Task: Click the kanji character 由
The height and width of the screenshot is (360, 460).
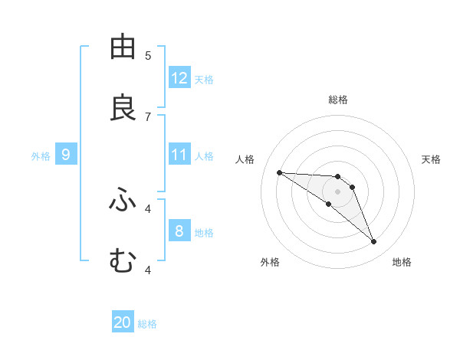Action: point(123,47)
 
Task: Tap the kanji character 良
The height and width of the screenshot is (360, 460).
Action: point(123,108)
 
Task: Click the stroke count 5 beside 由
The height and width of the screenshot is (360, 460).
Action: point(148,56)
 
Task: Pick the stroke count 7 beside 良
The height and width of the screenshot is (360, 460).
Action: point(148,116)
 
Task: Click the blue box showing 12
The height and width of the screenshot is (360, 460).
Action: point(179,78)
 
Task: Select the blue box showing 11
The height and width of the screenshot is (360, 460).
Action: point(179,155)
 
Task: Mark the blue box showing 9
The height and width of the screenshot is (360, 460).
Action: point(66,155)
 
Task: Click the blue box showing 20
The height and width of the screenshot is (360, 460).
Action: point(123,322)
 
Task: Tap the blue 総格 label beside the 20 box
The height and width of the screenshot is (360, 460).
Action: point(147,324)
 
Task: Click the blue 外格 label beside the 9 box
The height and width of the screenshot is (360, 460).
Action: point(41,156)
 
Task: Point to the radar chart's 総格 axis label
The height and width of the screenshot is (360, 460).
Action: point(338,100)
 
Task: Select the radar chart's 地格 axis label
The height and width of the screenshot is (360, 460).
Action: point(402,262)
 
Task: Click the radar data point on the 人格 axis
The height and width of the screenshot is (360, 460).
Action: point(279,172)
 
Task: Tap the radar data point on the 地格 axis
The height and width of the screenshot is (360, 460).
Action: point(374,242)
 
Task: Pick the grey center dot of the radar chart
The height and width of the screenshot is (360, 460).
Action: point(338,191)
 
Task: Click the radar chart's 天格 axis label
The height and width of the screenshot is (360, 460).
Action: point(431,159)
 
